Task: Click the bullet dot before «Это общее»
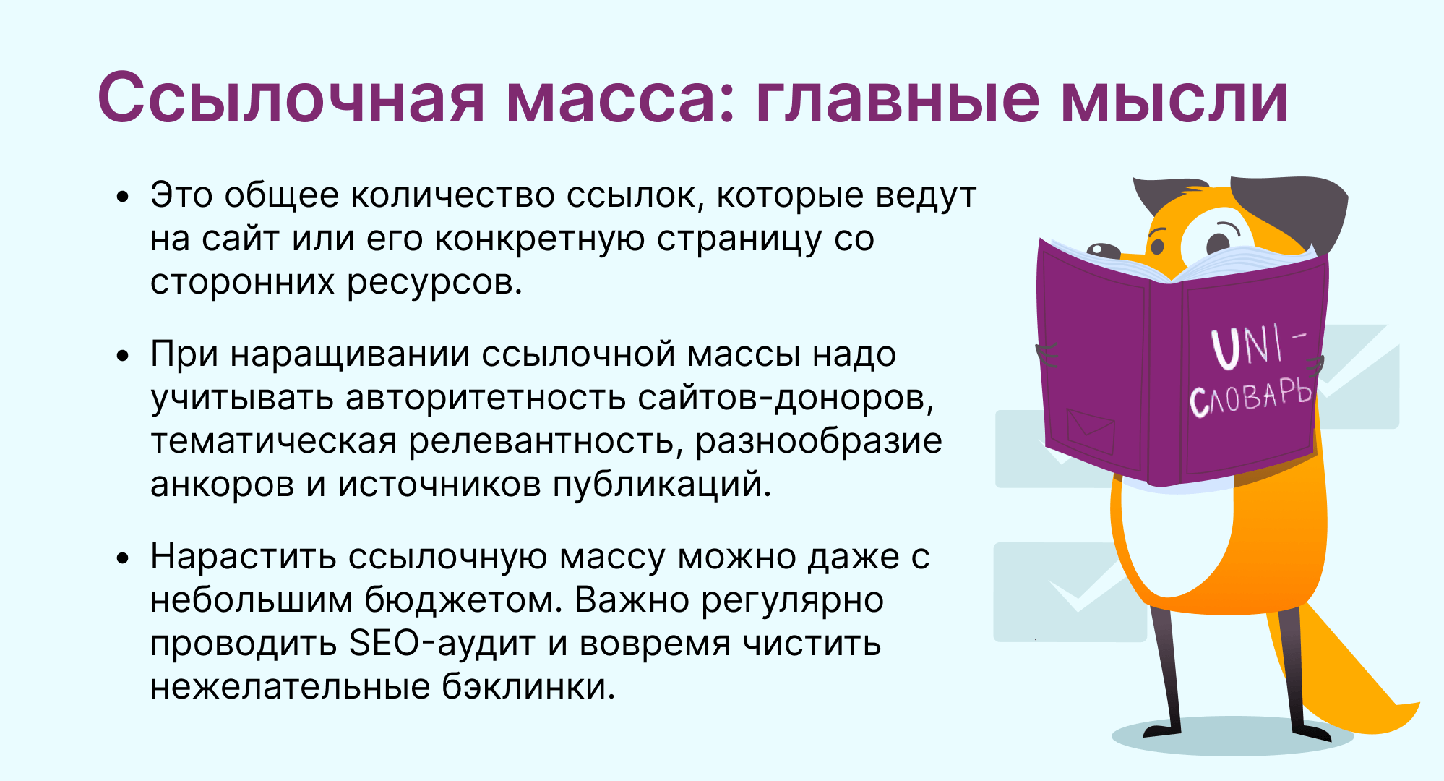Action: click(x=124, y=196)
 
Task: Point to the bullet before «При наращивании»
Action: click(x=124, y=355)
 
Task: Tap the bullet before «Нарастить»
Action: click(x=124, y=558)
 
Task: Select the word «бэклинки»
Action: click(x=528, y=686)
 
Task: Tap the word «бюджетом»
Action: click(x=463, y=600)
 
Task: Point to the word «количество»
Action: click(x=452, y=196)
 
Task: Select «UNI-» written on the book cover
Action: click(x=1258, y=346)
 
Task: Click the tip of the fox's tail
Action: click(x=1419, y=704)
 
